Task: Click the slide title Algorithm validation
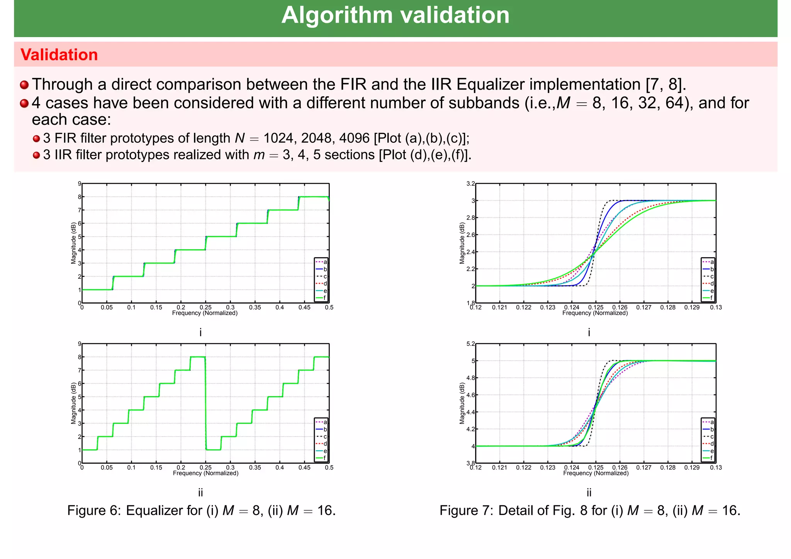[395, 15]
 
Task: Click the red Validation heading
[59, 55]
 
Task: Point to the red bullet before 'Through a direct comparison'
[24, 85]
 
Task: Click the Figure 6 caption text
[201, 510]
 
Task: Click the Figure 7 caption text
[590, 510]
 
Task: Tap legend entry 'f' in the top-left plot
[325, 298]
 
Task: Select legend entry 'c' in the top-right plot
[712, 276]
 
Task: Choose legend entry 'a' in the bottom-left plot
[325, 422]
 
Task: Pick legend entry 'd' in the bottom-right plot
[712, 444]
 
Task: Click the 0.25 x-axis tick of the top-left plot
[205, 308]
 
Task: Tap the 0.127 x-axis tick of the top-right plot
[644, 308]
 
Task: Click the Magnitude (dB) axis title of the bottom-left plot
[73, 403]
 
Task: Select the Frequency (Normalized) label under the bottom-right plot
[596, 473]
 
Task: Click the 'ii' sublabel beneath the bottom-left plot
[200, 493]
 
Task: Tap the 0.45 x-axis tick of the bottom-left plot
[304, 468]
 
